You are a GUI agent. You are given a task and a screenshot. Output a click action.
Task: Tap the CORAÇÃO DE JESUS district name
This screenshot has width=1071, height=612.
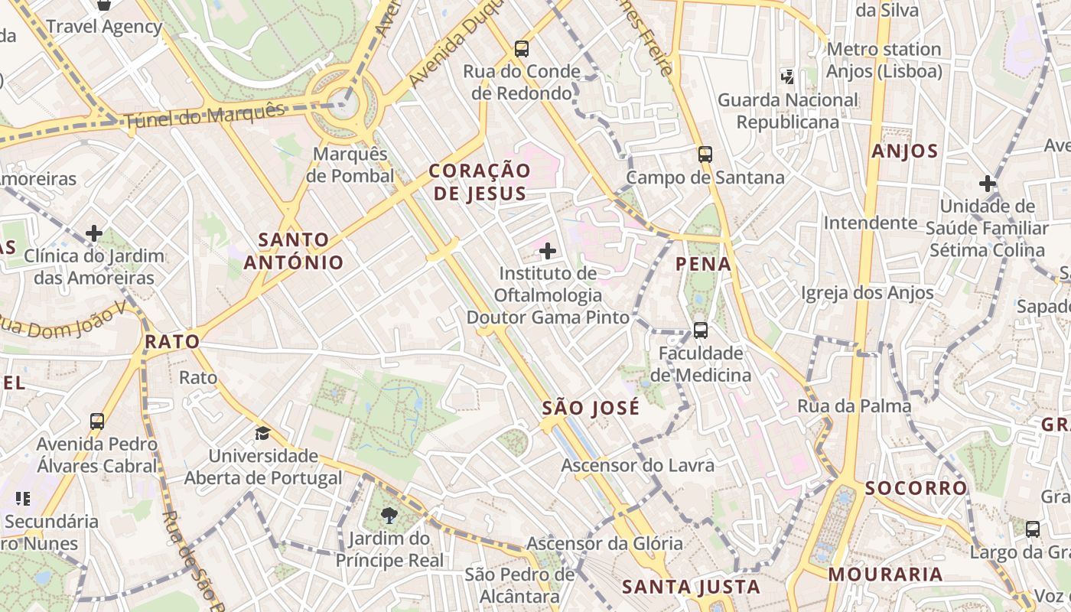pyautogui.click(x=480, y=182)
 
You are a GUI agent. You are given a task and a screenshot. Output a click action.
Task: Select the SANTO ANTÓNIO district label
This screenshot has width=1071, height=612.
pyautogui.click(x=294, y=251)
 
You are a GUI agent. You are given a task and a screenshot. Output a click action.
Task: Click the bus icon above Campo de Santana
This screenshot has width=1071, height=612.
pyautogui.click(x=705, y=155)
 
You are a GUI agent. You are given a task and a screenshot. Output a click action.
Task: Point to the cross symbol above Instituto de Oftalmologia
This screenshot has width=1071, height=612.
pyautogui.click(x=548, y=250)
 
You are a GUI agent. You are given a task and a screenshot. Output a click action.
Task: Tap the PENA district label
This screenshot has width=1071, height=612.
pyautogui.click(x=704, y=265)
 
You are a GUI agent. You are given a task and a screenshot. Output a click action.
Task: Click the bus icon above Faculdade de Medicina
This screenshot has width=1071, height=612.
pyautogui.click(x=701, y=330)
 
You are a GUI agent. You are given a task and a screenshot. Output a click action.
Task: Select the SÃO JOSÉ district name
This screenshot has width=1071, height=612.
pyautogui.click(x=591, y=409)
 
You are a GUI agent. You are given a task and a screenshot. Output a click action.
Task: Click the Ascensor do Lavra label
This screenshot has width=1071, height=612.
pyautogui.click(x=638, y=465)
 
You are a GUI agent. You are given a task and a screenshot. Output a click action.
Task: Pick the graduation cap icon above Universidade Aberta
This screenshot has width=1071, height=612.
pyautogui.click(x=263, y=433)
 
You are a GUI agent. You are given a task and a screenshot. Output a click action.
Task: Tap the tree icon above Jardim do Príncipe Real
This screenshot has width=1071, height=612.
pyautogui.click(x=389, y=515)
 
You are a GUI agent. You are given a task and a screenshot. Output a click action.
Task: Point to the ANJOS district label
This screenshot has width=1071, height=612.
pyautogui.click(x=905, y=151)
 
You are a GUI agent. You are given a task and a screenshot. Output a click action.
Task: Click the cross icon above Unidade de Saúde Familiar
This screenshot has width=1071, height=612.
pyautogui.click(x=988, y=184)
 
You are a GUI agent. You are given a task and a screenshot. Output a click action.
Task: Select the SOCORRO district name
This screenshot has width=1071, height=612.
pyautogui.click(x=916, y=488)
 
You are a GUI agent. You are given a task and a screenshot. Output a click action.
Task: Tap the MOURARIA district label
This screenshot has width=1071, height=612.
pyautogui.click(x=886, y=574)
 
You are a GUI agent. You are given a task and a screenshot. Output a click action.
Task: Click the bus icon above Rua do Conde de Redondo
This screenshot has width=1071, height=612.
pyautogui.click(x=522, y=49)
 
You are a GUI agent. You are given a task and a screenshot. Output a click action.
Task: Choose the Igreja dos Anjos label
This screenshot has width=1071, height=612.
pyautogui.click(x=868, y=293)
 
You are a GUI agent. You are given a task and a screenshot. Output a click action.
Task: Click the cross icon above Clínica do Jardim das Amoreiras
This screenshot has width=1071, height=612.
pyautogui.click(x=94, y=233)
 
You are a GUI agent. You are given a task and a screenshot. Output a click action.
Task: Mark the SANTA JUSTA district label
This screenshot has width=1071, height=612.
pyautogui.click(x=691, y=587)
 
